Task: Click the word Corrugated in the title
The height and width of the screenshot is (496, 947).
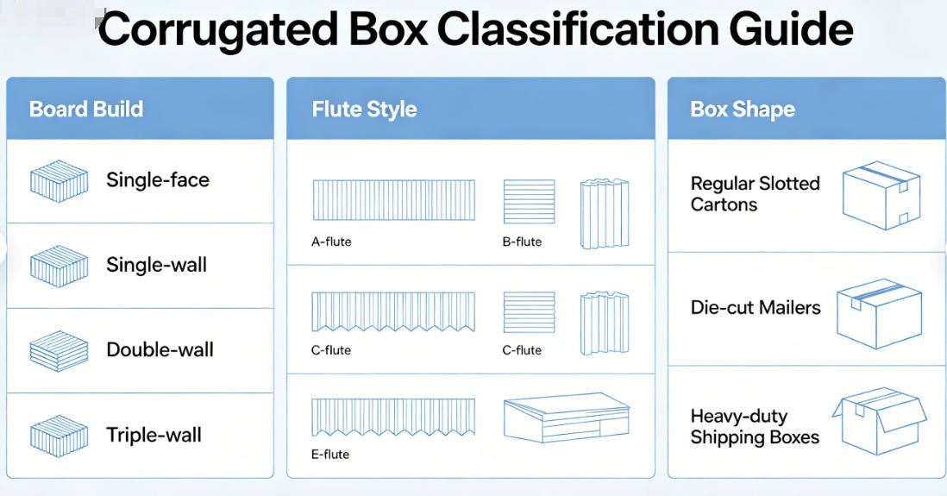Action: pyautogui.click(x=217, y=30)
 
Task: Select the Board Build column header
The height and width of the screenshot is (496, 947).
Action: pyautogui.click(x=86, y=109)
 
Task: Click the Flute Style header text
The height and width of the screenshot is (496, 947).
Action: pyautogui.click(x=364, y=109)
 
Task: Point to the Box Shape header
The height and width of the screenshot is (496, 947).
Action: pyautogui.click(x=743, y=110)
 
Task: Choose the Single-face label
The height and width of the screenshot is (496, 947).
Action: pyautogui.click(x=158, y=179)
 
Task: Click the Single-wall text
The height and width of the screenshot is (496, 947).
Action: pyautogui.click(x=156, y=265)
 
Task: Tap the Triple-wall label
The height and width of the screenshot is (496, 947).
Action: pyautogui.click(x=154, y=435)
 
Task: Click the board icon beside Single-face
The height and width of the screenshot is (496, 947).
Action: pyautogui.click(x=60, y=180)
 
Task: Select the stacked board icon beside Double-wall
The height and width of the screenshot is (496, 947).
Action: pyautogui.click(x=60, y=350)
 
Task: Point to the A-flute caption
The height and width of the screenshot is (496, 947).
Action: pyautogui.click(x=331, y=242)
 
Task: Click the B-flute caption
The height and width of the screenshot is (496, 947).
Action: pyautogui.click(x=522, y=242)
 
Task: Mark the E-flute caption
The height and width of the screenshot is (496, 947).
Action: pyautogui.click(x=330, y=455)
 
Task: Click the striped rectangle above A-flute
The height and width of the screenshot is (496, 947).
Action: pyautogui.click(x=394, y=200)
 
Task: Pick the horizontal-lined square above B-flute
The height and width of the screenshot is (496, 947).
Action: pyautogui.click(x=529, y=201)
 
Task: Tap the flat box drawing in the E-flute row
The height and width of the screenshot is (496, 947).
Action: pyautogui.click(x=567, y=418)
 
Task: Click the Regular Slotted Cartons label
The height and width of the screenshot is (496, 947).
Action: pyautogui.click(x=755, y=194)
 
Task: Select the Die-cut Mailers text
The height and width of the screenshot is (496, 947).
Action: pyautogui.click(x=756, y=307)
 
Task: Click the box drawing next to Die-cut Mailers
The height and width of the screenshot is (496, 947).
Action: pyautogui.click(x=880, y=313)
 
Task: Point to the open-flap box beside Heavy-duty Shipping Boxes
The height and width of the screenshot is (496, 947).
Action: pyautogui.click(x=880, y=420)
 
